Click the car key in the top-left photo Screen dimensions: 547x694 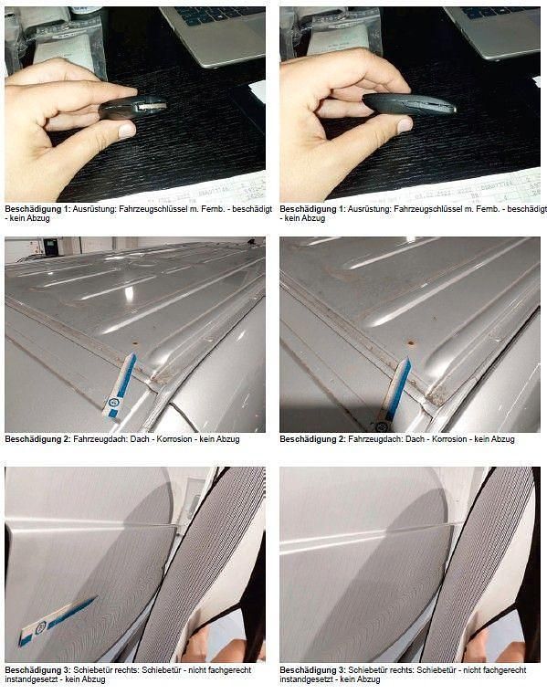click(x=132, y=108)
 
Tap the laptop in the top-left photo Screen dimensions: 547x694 click(x=213, y=32)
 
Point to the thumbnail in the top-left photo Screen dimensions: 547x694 click(x=127, y=131)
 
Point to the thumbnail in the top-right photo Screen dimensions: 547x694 click(x=405, y=125)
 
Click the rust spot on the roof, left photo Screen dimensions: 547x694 click(x=135, y=342)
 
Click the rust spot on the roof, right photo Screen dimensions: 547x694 click(x=412, y=342)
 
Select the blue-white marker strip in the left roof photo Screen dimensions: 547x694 click(x=120, y=386)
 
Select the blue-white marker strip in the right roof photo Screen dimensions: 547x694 click(x=394, y=395)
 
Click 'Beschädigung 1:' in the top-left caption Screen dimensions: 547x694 click(x=37, y=209)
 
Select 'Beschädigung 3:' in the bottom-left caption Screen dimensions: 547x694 click(x=37, y=670)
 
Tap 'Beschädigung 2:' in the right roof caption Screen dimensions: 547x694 click(x=312, y=439)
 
